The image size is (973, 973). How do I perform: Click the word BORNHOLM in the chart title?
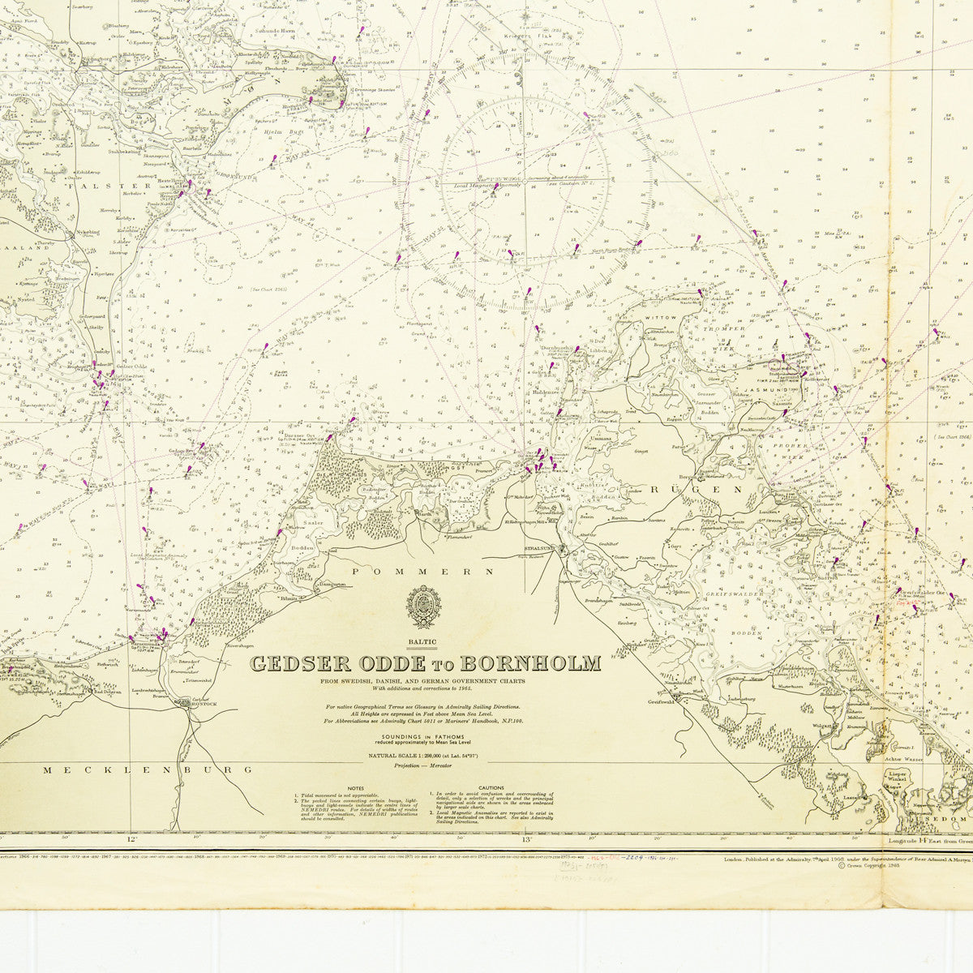coord(539,664)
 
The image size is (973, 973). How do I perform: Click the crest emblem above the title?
coord(424,608)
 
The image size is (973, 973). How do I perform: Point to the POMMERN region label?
coord(423,572)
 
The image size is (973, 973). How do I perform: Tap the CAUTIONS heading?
coord(491,787)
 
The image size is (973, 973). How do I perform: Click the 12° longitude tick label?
coord(132,841)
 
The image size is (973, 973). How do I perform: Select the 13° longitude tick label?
coord(525,841)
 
